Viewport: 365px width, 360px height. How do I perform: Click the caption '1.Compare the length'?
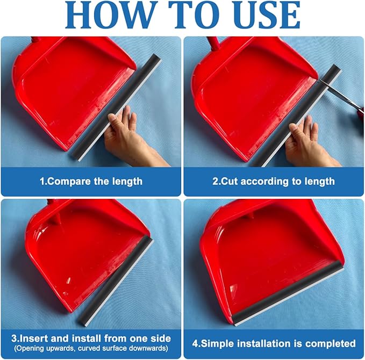[91, 181]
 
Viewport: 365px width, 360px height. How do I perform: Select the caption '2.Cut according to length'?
[274, 181]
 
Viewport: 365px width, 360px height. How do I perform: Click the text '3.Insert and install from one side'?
[91, 338]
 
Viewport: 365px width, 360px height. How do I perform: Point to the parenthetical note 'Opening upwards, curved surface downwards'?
[91, 348]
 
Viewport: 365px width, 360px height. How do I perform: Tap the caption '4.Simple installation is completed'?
[274, 343]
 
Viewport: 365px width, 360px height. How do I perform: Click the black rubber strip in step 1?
[134, 102]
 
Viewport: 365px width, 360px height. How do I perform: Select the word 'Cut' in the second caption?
[230, 181]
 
